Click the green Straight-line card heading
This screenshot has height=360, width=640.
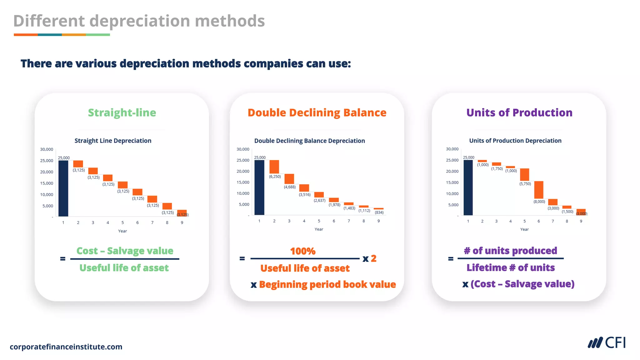pos(122,112)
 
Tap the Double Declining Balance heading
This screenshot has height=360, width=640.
pos(317,112)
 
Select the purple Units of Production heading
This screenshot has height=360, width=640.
pos(519,112)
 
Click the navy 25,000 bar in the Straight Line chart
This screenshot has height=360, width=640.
pos(63,188)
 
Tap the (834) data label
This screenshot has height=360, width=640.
pos(379,212)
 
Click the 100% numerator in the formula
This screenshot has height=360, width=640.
pos(302,251)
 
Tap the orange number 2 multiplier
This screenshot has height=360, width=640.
pos(373,258)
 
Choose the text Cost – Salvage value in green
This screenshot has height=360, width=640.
pos(125,251)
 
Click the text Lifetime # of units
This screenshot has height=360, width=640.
pos(510,267)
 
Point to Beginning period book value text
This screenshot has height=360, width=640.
pos(327,284)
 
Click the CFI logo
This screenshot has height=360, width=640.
pos(607,343)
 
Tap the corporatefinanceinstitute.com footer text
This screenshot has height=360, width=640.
pos(66,347)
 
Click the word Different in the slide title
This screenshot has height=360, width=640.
pos(49,21)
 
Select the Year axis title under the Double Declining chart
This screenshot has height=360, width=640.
pos(319,229)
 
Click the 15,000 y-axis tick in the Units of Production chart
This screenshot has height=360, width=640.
pos(452,182)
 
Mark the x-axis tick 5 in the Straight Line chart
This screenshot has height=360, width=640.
pos(122,222)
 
